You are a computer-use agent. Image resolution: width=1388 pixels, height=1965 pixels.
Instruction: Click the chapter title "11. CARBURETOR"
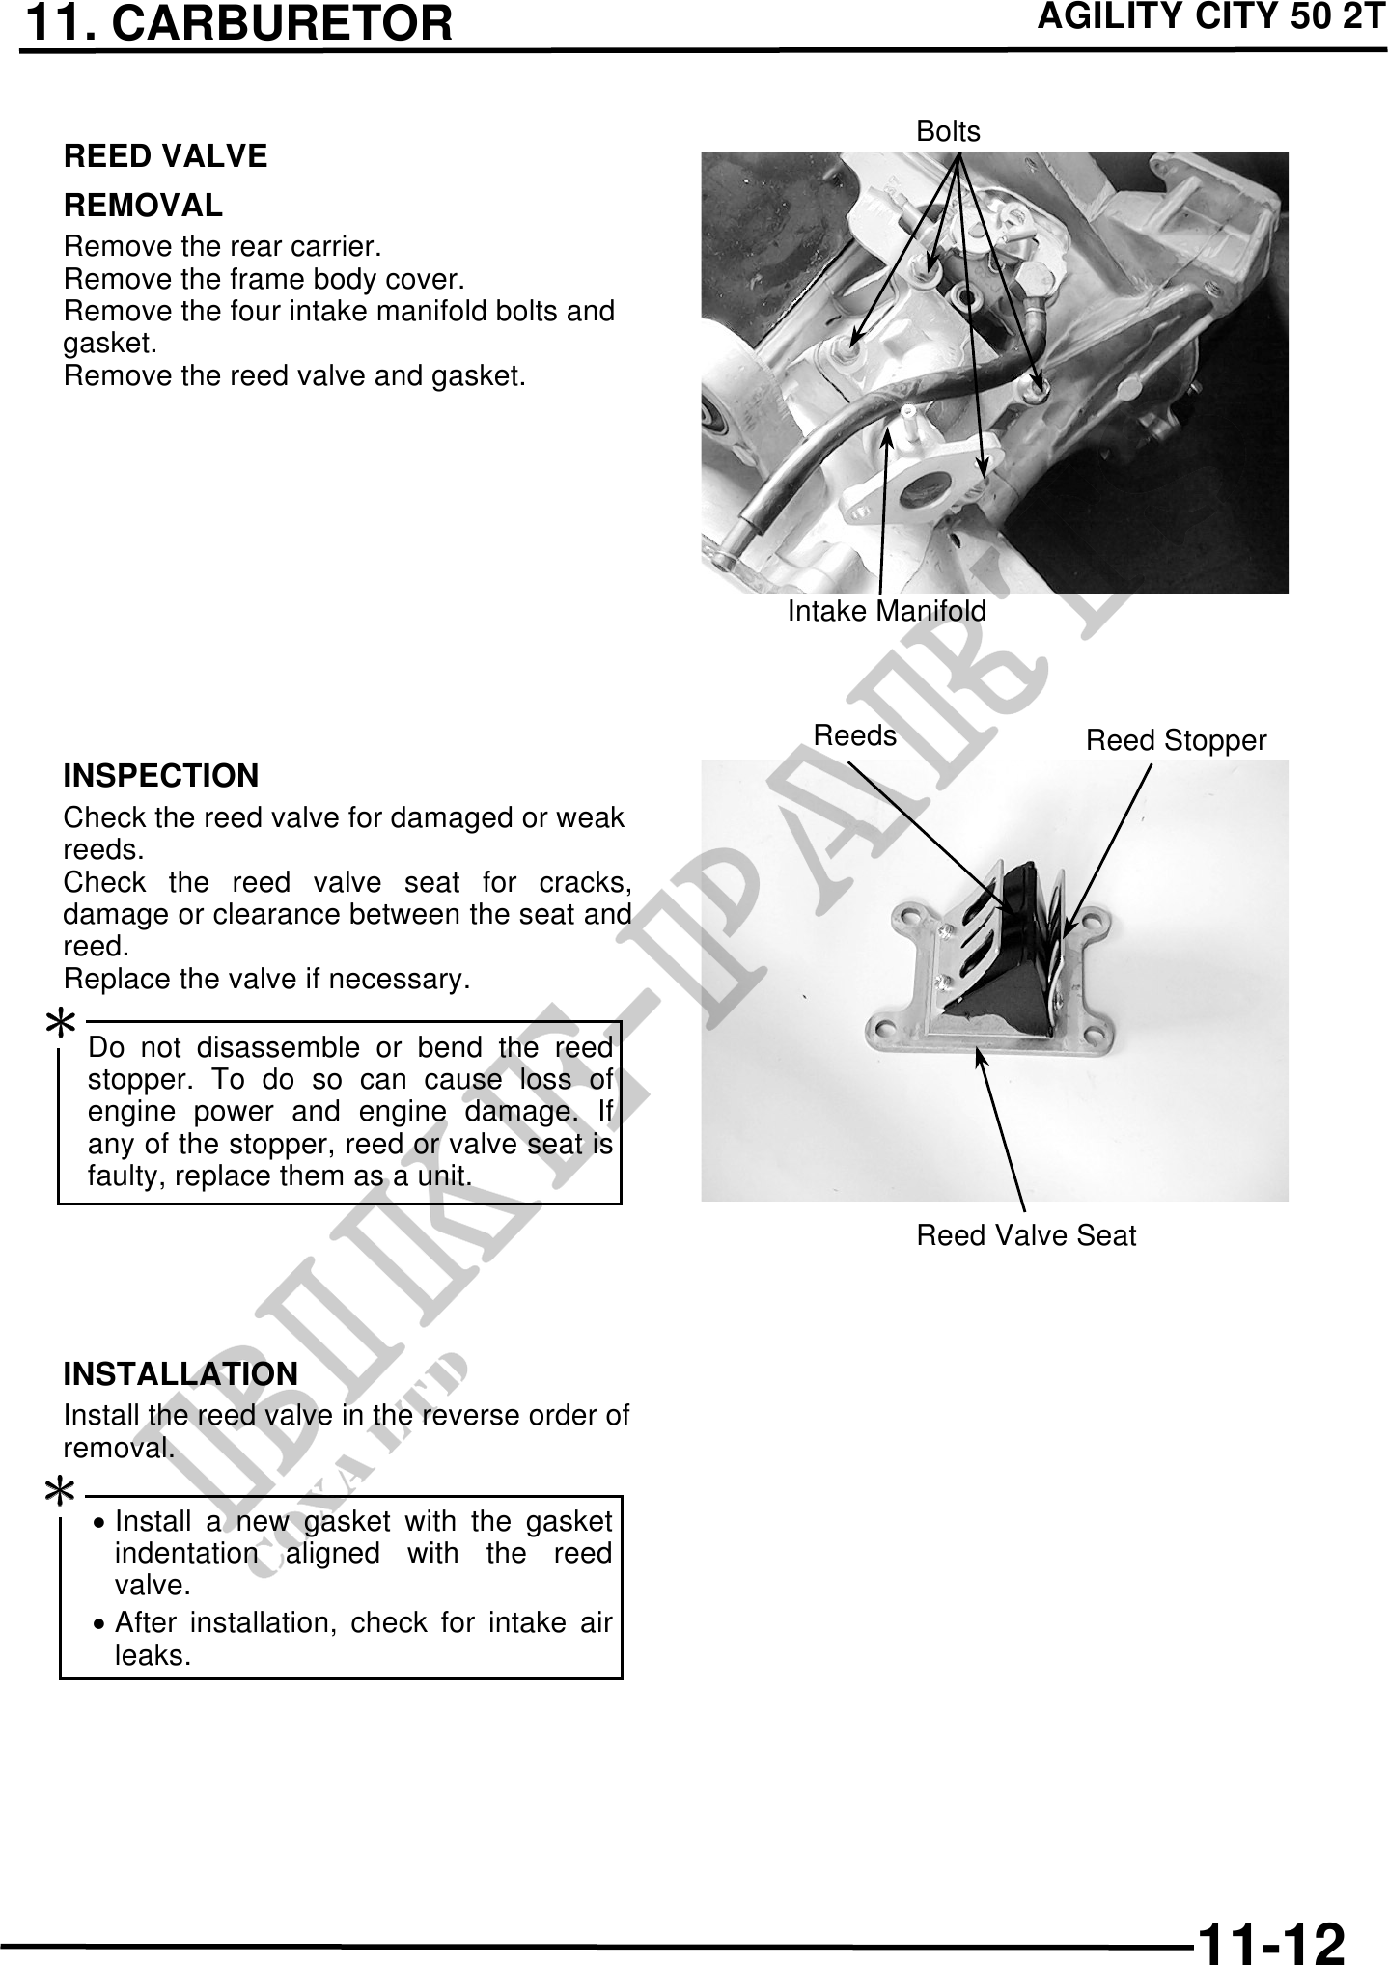coord(237,23)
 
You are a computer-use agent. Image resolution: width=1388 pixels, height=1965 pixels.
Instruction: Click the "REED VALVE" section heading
coord(165,156)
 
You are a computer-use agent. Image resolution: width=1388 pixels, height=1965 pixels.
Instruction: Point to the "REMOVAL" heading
coord(143,206)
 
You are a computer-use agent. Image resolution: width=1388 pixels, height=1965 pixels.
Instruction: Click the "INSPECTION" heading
coord(161,776)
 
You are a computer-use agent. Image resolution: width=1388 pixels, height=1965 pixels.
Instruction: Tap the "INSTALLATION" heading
coord(180,1374)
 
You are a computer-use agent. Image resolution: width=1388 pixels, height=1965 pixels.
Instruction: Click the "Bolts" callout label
coord(948,132)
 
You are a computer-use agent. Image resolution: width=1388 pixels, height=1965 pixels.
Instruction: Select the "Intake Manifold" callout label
coord(887,611)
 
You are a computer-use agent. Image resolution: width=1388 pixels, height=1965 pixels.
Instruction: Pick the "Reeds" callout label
coord(855,736)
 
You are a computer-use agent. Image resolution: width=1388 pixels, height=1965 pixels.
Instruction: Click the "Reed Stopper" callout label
coord(1176,741)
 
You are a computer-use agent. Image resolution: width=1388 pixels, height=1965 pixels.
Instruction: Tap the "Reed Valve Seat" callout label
coord(1026,1236)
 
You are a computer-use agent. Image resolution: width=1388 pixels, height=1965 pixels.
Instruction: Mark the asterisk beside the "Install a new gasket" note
coord(61,1494)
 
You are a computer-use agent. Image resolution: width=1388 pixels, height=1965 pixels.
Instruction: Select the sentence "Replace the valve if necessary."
coord(266,980)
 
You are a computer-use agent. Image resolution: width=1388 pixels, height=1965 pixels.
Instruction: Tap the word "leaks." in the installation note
coord(153,1656)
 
